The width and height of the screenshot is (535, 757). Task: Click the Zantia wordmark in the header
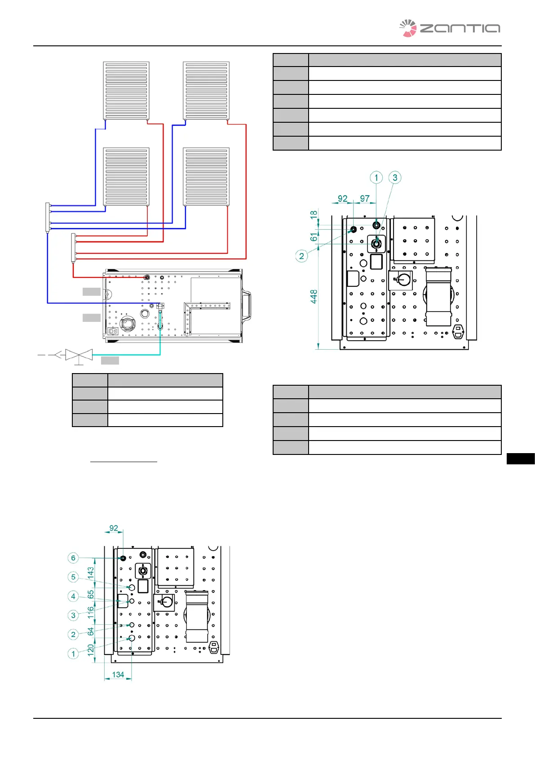[x=460, y=28]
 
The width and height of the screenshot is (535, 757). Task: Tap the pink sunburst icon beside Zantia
[x=408, y=28]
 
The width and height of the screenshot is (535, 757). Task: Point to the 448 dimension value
[x=314, y=296]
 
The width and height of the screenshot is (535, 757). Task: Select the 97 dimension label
[x=365, y=198]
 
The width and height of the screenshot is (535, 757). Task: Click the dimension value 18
[x=314, y=214]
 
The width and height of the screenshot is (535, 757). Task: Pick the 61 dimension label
[x=314, y=237]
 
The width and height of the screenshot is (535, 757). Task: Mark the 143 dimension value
[x=91, y=573]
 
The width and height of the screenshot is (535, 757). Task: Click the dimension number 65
[x=91, y=594]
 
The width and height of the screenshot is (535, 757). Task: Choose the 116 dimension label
[x=91, y=612]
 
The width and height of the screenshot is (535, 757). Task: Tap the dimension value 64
[x=91, y=631]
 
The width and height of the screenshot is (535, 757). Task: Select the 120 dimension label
[x=91, y=650]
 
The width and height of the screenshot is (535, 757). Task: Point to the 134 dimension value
[x=118, y=675]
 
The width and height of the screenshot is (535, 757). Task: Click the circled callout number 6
[x=73, y=557]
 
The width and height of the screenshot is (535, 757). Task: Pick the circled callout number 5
[x=73, y=577]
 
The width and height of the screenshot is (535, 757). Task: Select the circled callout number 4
[x=73, y=596]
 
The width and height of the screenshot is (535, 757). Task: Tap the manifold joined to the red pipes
[x=73, y=248]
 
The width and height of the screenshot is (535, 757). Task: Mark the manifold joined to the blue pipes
[x=48, y=218]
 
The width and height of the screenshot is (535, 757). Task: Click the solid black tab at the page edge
[x=521, y=459]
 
